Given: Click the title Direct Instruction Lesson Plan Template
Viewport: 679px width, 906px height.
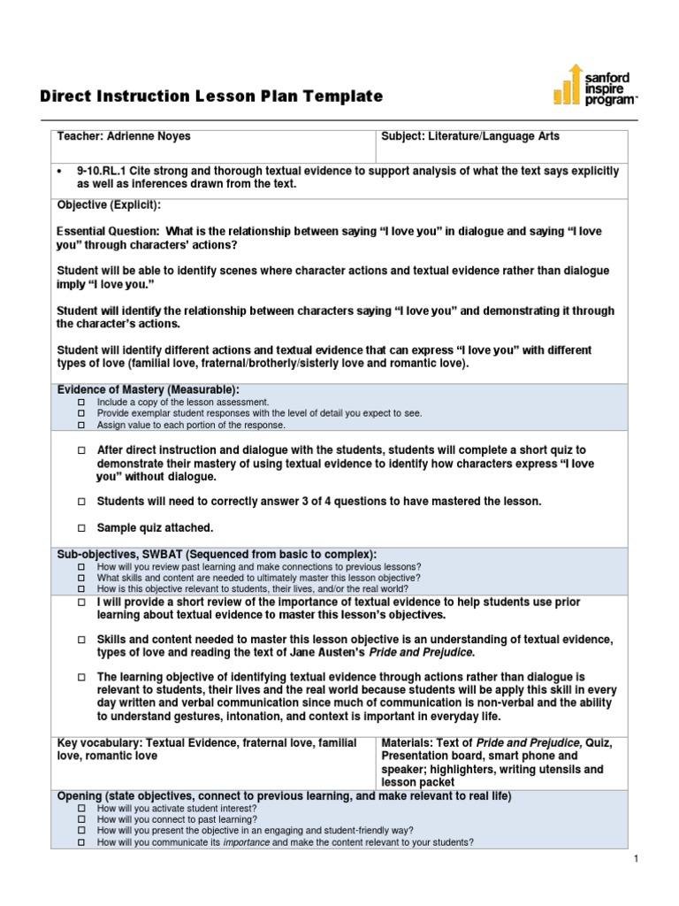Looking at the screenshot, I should (212, 96).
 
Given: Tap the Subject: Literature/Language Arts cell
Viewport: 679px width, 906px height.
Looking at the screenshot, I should (469, 137).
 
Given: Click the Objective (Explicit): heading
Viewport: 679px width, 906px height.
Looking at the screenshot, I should (109, 204).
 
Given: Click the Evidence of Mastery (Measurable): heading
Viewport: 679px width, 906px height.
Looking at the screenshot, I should (148, 390).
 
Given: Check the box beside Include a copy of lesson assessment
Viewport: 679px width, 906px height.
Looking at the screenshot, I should (81, 402).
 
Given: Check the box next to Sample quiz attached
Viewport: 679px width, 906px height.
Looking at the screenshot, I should (81, 528).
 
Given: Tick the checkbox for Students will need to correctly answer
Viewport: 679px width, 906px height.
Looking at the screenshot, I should (81, 502).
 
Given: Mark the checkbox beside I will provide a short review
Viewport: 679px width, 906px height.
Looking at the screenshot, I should (81, 603).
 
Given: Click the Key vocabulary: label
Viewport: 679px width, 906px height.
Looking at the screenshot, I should (99, 743).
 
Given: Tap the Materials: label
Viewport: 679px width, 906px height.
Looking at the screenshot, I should (411, 743).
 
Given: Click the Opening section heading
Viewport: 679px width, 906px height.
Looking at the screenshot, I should (283, 796).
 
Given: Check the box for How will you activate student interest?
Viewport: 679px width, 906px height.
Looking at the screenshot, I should (81, 809).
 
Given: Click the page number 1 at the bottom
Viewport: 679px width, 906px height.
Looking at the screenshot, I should (636, 859).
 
